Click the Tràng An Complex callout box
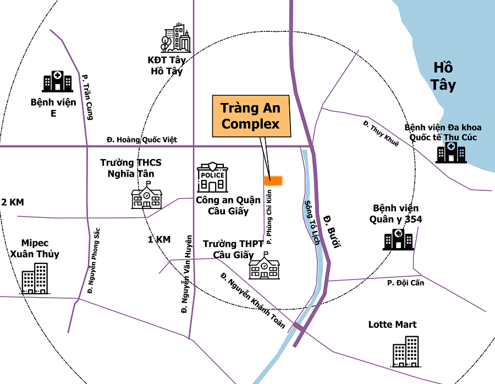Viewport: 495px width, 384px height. [x=250, y=116]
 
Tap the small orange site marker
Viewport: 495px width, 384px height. [x=273, y=180]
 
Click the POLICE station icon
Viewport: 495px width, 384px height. [x=212, y=177]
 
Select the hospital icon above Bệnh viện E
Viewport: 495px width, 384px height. [x=57, y=81]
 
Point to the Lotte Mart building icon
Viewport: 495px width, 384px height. [x=406, y=351]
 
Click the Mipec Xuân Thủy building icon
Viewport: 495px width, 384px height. [x=35, y=278]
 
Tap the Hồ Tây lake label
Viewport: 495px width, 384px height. [x=443, y=76]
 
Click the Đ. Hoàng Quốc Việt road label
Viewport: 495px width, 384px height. [x=142, y=140]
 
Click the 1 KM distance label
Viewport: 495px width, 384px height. [x=159, y=239]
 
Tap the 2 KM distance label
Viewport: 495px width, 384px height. [x=13, y=202]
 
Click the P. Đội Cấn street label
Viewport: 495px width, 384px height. [x=405, y=283]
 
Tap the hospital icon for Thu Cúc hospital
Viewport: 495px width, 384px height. [x=451, y=152]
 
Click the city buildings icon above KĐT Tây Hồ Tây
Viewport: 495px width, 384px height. [x=176, y=38]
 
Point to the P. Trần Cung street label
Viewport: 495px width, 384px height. [x=87, y=97]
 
